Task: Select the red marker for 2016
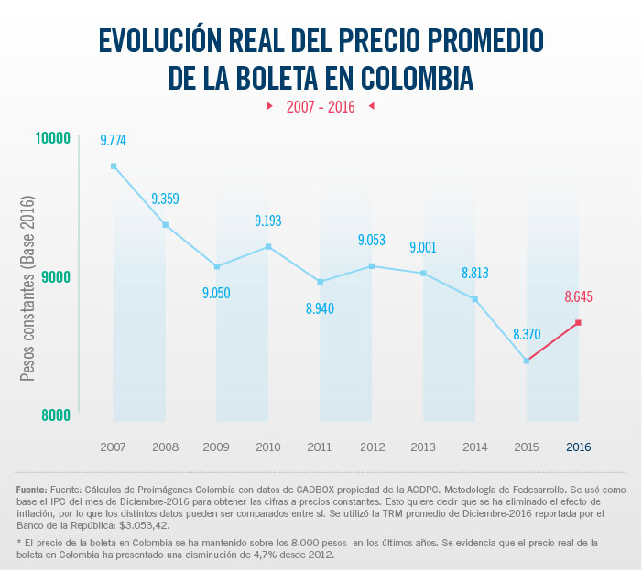(x=578, y=323)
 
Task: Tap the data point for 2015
(x=527, y=361)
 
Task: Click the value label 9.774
(x=114, y=140)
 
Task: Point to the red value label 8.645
(x=578, y=296)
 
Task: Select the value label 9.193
(x=267, y=221)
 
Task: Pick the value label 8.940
(x=320, y=308)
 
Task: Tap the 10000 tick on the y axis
(x=53, y=138)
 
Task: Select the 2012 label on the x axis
(x=372, y=447)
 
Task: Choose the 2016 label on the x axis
(x=578, y=447)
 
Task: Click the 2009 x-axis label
(x=216, y=447)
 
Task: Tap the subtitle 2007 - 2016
(x=321, y=107)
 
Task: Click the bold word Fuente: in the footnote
(x=33, y=490)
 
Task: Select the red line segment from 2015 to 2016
(x=552, y=342)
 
